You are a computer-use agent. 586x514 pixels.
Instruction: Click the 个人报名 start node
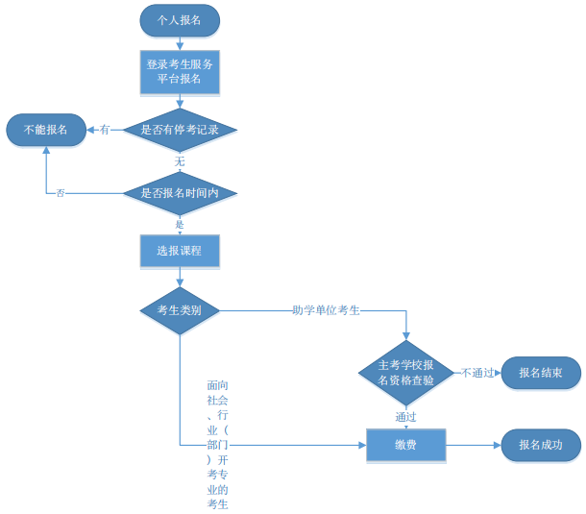click(x=180, y=19)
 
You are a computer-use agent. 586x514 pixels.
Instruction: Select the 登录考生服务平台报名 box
click(x=180, y=72)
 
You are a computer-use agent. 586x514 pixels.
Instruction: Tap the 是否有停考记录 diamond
click(x=180, y=129)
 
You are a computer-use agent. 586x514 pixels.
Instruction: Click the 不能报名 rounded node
click(x=46, y=129)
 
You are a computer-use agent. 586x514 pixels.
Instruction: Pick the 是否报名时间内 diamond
click(x=180, y=193)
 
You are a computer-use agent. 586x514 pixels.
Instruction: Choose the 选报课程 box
click(x=180, y=252)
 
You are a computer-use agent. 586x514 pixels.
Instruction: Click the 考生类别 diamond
click(x=180, y=309)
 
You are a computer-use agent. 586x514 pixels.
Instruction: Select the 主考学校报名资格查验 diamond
click(x=406, y=373)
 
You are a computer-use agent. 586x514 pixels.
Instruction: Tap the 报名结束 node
click(x=541, y=373)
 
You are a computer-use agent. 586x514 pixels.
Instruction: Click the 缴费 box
click(x=406, y=446)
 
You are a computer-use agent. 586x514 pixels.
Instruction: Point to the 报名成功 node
click(x=541, y=446)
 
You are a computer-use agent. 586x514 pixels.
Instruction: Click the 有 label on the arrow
click(x=105, y=129)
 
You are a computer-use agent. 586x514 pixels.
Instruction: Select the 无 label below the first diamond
click(x=180, y=161)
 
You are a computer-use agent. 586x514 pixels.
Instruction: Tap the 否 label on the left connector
click(x=61, y=193)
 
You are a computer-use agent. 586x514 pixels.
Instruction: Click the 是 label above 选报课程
click(x=180, y=224)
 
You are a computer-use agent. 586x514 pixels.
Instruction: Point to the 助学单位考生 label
click(x=326, y=309)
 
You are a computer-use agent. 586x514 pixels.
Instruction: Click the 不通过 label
click(x=477, y=373)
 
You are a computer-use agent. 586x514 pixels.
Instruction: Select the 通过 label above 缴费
click(x=406, y=417)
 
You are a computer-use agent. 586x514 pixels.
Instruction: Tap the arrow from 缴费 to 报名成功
click(x=474, y=446)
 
